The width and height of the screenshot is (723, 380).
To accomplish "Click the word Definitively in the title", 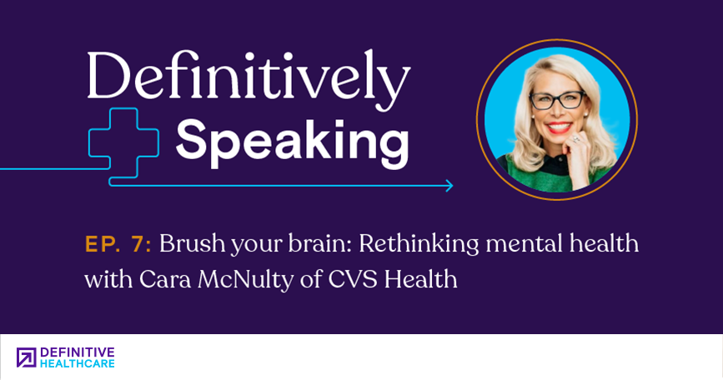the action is pyautogui.click(x=248, y=79).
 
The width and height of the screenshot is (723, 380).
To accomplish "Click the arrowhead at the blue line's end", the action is pyautogui.click(x=449, y=186).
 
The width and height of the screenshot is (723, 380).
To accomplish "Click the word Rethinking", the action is pyautogui.click(x=419, y=244).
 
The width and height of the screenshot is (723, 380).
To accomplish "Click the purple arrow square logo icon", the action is pyautogui.click(x=27, y=357).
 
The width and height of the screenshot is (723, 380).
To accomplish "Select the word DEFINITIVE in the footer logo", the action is pyautogui.click(x=78, y=352).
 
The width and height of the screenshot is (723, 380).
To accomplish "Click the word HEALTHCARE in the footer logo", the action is pyautogui.click(x=78, y=363).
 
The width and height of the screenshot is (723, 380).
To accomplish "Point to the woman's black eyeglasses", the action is pyautogui.click(x=557, y=100).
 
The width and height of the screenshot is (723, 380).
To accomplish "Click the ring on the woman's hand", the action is pyautogui.click(x=576, y=138).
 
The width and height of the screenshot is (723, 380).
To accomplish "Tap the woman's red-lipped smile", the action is pyautogui.click(x=560, y=127).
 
